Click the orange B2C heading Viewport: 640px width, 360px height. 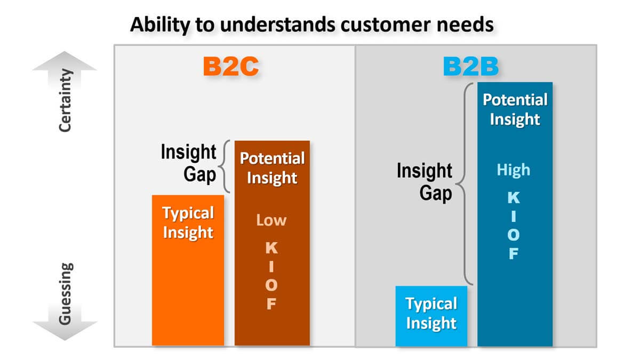[x=231, y=66]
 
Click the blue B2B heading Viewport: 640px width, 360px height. [x=471, y=66]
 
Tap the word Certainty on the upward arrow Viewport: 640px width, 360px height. [x=65, y=100]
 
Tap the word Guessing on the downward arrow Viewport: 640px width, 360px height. [x=66, y=294]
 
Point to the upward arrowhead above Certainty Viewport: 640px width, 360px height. [x=65, y=61]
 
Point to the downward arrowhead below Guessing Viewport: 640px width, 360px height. [x=65, y=331]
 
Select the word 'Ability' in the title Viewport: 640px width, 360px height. [x=161, y=25]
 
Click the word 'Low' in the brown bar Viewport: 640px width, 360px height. [x=271, y=220]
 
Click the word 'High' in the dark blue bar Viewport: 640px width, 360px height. [x=514, y=170]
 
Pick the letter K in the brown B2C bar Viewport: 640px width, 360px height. [x=271, y=247]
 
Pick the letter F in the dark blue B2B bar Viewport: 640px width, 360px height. [x=514, y=254]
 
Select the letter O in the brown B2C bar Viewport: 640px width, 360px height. [x=271, y=285]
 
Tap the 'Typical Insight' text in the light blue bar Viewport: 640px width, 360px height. [x=431, y=314]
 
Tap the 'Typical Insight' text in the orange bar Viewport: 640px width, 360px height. [x=188, y=223]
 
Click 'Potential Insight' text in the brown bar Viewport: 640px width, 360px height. [x=273, y=168]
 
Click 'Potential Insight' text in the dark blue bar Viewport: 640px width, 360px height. [x=515, y=109]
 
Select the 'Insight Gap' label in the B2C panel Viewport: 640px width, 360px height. [x=188, y=163]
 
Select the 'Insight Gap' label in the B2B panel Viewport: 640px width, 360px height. [x=425, y=182]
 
